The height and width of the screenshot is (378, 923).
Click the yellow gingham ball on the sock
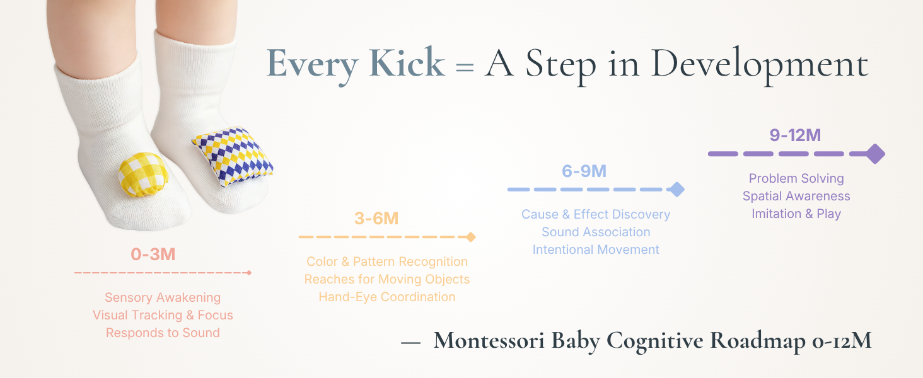143,174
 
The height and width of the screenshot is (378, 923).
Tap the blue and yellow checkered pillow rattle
233,156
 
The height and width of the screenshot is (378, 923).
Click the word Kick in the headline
407,63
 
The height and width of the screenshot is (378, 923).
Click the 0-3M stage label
153,254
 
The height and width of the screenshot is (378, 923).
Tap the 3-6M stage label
376,218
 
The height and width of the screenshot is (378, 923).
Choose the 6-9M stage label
584,171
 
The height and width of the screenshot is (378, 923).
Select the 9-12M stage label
795,135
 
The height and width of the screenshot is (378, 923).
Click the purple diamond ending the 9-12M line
875,154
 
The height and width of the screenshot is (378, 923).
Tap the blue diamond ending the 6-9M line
676,190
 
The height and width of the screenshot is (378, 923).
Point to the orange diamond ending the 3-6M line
470,237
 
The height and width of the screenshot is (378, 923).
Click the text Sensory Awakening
163,297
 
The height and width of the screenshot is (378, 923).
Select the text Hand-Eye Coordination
387,297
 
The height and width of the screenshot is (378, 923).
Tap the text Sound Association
596,232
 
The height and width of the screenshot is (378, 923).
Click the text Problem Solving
796,178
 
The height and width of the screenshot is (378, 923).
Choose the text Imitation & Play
796,214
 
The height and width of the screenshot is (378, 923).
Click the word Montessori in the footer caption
489,341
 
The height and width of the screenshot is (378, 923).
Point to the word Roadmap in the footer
758,341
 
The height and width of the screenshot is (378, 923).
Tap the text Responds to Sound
163,333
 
